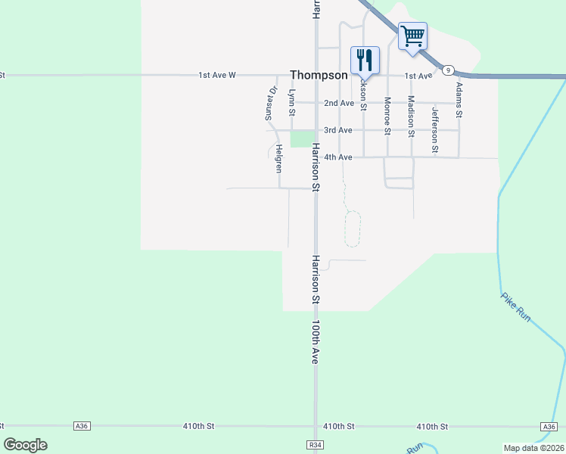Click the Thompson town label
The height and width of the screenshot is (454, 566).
319,76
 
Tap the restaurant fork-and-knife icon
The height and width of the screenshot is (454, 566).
365,59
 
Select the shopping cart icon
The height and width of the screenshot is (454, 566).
412,36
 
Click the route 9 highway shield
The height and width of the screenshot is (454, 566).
449,70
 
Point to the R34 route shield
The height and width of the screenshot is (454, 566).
315,445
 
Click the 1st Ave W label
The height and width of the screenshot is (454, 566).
218,76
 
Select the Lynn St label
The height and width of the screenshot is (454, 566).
292,103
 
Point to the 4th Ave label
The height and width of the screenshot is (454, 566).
338,157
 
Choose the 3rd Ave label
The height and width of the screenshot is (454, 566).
338,130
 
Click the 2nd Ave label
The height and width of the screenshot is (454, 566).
338,103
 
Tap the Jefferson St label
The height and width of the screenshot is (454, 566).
435,120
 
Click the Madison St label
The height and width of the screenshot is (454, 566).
411,116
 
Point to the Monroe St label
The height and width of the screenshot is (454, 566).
387,116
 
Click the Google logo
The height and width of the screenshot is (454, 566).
25,445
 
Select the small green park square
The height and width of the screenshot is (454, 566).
301,139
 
